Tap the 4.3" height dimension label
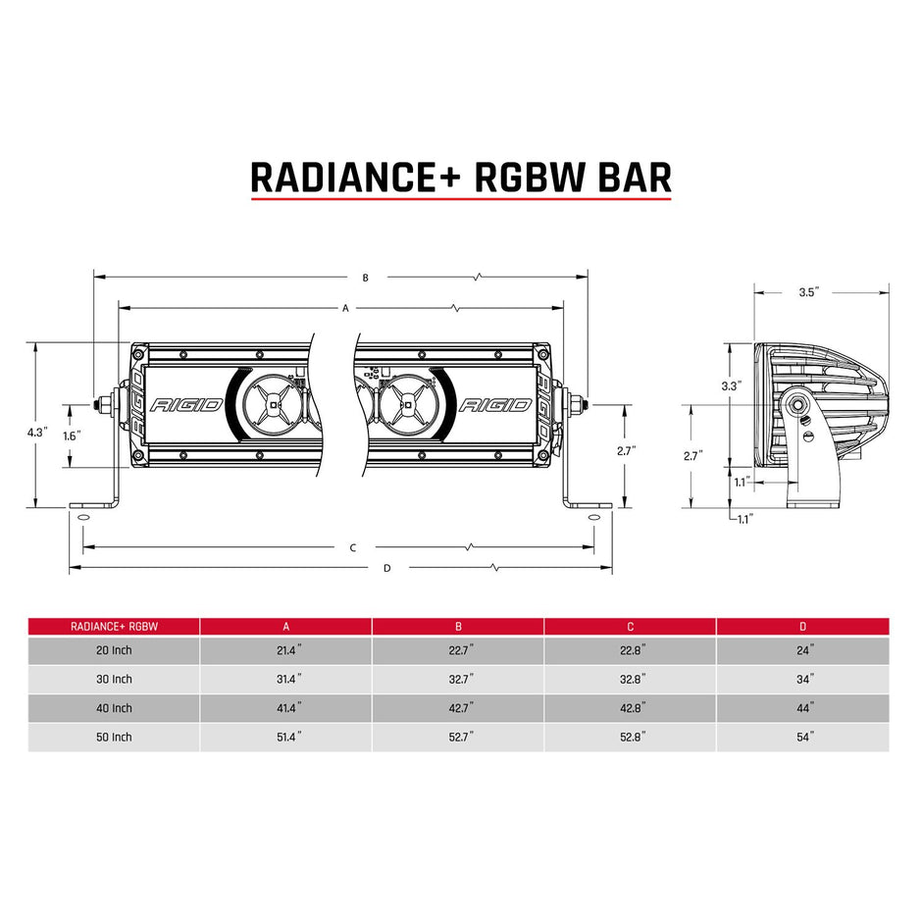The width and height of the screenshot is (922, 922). (38, 431)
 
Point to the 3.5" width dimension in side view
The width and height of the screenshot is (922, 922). (809, 291)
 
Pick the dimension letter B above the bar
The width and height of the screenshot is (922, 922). (364, 278)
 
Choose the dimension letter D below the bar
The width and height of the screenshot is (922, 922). (386, 567)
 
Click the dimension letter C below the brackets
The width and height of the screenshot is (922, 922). (352, 547)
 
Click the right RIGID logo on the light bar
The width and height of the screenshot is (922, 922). (495, 404)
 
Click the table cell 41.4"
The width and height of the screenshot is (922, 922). (285, 707)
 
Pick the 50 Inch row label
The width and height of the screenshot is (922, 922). (114, 737)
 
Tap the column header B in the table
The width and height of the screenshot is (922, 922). (458, 626)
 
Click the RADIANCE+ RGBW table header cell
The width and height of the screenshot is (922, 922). (114, 626)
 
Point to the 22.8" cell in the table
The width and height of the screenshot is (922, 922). (631, 649)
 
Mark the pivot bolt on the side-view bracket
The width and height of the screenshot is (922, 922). (797, 404)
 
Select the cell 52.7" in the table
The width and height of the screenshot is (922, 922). (458, 737)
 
